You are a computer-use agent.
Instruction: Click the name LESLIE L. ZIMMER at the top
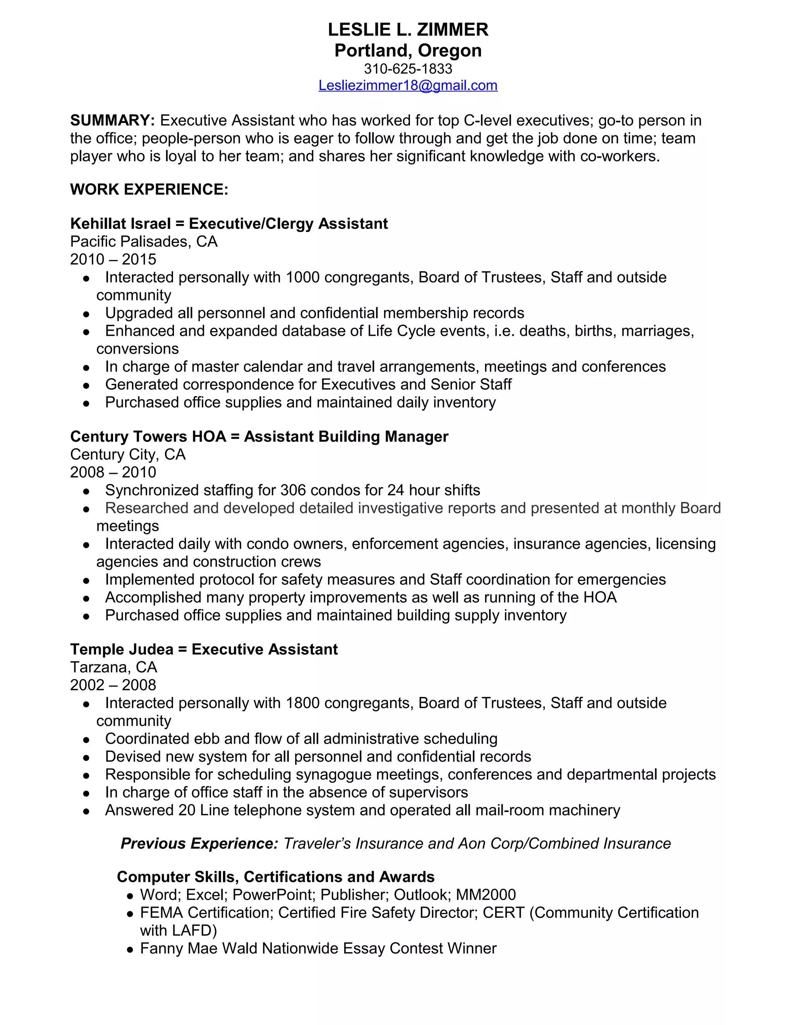pos(408,29)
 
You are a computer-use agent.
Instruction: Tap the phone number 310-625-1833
pos(408,68)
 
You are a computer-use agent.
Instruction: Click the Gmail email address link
pos(408,85)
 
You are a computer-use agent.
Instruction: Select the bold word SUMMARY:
pos(112,121)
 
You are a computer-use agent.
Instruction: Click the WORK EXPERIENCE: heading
pos(149,189)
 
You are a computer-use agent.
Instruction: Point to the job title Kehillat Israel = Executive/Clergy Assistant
pos(229,224)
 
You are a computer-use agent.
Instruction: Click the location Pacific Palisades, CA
pos(144,241)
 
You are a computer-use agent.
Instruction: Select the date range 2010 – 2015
pos(113,259)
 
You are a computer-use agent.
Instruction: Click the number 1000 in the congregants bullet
pos(302,277)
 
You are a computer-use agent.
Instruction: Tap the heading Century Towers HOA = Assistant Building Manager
pos(259,436)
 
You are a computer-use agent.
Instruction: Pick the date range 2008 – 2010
pos(113,472)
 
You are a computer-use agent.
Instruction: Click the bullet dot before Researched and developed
pos(86,509)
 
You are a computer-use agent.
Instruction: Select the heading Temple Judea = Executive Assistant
pos(204,649)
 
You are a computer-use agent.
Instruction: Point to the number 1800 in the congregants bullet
pos(302,703)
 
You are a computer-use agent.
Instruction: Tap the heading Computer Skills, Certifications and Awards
pos(275,877)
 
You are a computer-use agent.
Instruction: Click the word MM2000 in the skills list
pos(486,895)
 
